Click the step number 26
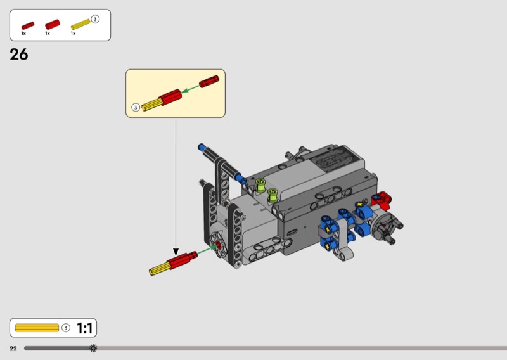click(19, 55)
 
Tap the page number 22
click(13, 349)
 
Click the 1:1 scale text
click(85, 328)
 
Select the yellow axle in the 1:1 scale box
click(37, 328)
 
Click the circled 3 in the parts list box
click(94, 20)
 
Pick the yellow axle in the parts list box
click(80, 24)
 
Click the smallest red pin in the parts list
click(28, 25)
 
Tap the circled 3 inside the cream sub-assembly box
click(136, 107)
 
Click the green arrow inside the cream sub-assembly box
click(190, 89)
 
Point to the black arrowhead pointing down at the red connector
click(176, 252)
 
